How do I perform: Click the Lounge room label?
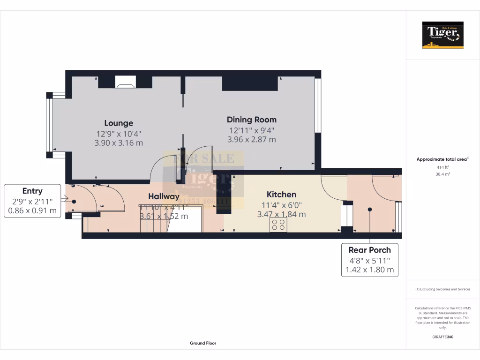pos(119,123)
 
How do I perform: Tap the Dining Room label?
pos(252,120)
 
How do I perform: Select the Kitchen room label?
pos(281,195)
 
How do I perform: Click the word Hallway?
pos(164,196)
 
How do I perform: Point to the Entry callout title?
pos(32,191)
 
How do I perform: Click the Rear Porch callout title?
pos(369,250)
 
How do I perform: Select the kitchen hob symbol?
pos(278,225)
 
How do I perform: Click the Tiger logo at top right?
pos(442,35)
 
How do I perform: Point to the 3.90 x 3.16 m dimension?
pos(119,143)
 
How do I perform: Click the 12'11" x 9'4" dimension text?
pos(252,130)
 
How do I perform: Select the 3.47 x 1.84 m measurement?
pos(281,214)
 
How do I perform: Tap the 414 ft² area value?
pos(442,167)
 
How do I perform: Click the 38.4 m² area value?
pos(442,174)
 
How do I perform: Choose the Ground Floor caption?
pos(203,343)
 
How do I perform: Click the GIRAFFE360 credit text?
pos(442,337)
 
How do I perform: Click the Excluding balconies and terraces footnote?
pos(442,289)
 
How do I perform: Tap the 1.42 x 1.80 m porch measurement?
pos(369,270)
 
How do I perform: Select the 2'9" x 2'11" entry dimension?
pos(32,201)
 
